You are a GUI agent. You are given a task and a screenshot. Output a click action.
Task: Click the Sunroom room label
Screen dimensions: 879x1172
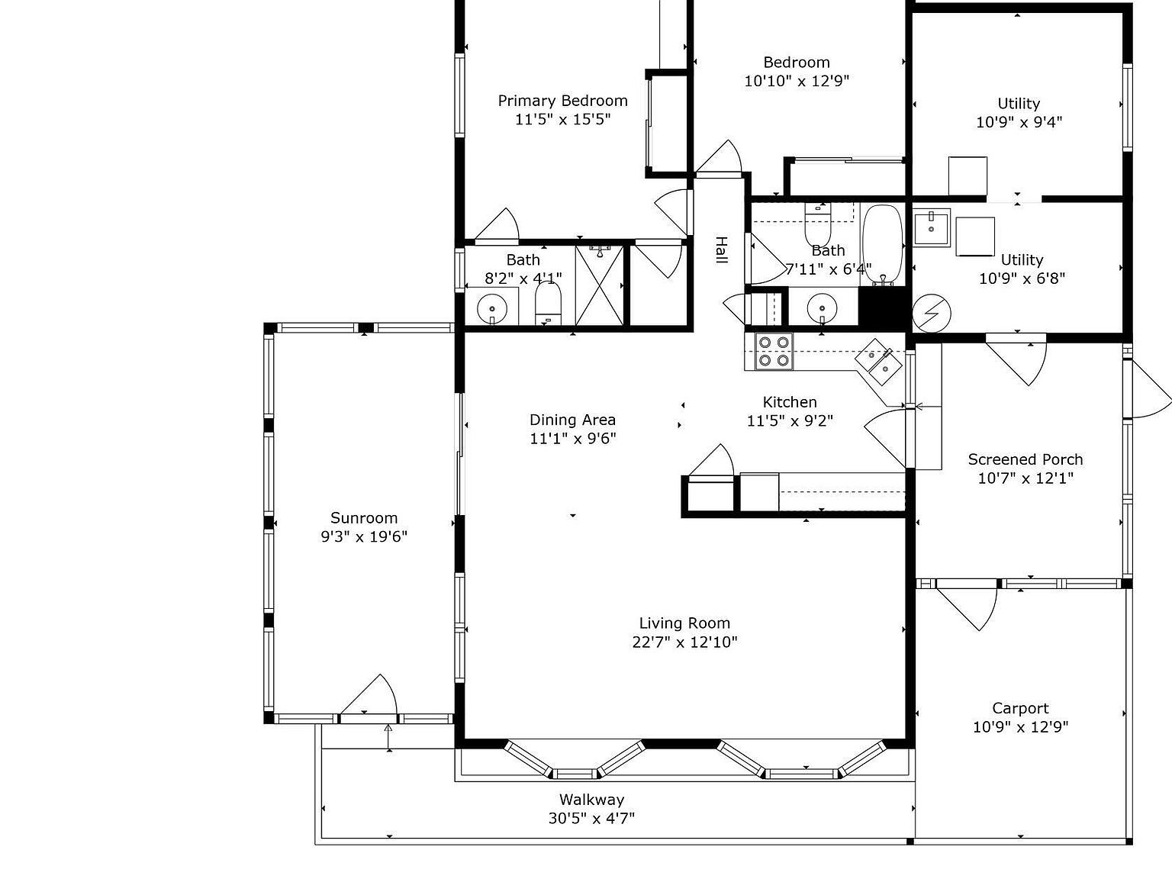pos(364,518)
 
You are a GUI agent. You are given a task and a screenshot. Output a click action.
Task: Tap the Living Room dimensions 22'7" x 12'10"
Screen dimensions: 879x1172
pos(684,642)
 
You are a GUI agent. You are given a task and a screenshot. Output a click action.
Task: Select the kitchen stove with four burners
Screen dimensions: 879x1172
pos(774,352)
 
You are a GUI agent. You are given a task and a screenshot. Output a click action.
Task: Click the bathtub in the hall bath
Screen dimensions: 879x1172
pos(882,244)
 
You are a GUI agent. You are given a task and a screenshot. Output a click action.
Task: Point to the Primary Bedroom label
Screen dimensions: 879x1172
pos(562,101)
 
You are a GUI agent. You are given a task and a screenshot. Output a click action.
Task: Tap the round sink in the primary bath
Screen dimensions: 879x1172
pos(492,309)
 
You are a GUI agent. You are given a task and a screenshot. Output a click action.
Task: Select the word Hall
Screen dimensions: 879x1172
pos(721,251)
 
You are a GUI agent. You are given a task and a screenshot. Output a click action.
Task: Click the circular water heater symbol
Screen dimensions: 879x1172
pos(932,314)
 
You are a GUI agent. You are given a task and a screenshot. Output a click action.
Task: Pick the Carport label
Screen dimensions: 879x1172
pos(1020,708)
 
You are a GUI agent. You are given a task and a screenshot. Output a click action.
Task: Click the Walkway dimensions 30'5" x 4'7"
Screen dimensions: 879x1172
pos(591,819)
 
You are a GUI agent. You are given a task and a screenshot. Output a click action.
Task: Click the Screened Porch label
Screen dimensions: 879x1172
pos(1025,459)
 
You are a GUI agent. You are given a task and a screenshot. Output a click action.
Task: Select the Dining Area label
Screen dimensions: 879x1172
pos(572,420)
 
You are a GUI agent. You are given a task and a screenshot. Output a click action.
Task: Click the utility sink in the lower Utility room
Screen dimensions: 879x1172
pos(931,227)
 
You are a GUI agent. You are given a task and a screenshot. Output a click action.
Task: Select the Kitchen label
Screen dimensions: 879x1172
pos(790,402)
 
